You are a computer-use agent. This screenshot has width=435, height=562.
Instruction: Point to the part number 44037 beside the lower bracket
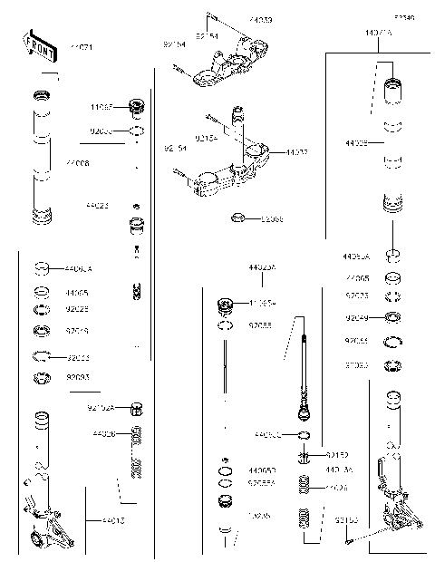[x=296, y=152]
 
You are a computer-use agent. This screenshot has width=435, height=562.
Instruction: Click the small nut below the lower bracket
[x=237, y=218]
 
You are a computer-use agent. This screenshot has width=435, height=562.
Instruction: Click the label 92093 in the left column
[x=78, y=376]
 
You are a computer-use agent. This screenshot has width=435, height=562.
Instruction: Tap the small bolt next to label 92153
[x=349, y=543]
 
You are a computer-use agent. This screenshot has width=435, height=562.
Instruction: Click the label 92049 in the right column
[x=357, y=318]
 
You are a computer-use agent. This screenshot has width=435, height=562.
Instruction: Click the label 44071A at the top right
[x=379, y=34]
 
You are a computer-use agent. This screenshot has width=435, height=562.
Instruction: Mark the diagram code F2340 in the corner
[x=403, y=17]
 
